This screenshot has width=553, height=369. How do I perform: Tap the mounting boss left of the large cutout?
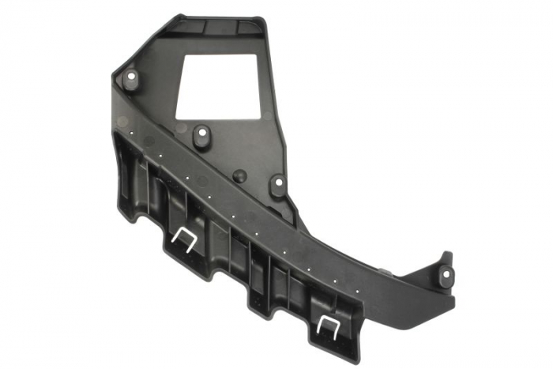(130, 79)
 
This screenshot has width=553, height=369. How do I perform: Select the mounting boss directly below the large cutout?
(201, 135)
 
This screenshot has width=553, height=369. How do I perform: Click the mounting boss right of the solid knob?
(277, 186)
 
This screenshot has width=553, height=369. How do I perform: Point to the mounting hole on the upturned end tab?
(446, 275)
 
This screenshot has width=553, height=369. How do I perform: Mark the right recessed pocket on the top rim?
(241, 26)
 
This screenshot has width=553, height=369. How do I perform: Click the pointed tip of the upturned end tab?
(449, 254)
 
